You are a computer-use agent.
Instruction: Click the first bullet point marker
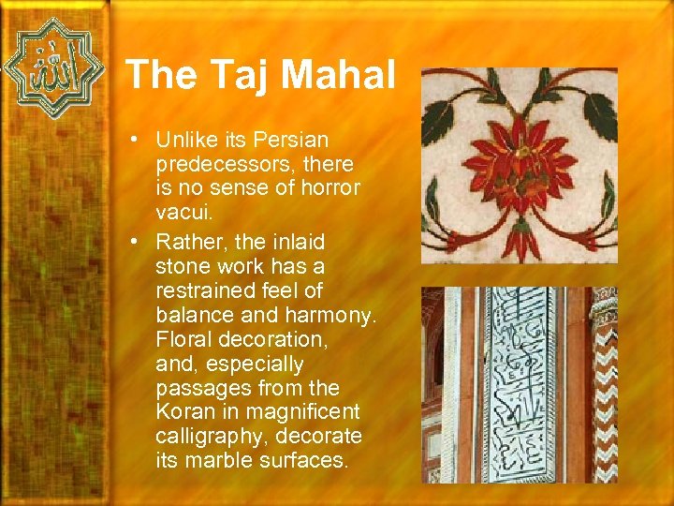[x=137, y=141]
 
